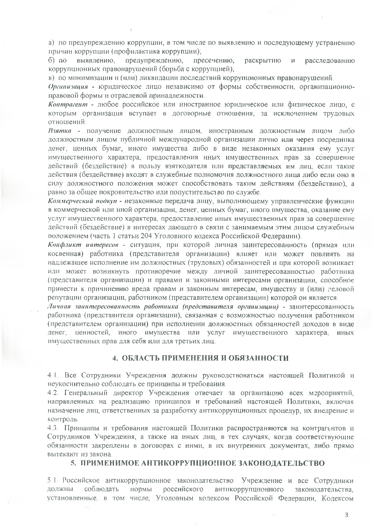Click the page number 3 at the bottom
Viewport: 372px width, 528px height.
tap(347, 515)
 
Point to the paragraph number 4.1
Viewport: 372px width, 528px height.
tap(52, 375)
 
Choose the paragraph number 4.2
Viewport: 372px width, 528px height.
tap(52, 393)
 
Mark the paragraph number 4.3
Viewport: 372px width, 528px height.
tap(52, 428)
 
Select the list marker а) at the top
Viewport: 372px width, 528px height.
tap(51, 43)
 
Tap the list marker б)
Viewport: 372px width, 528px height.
tap(51, 61)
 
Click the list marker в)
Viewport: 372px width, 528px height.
tap(51, 78)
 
